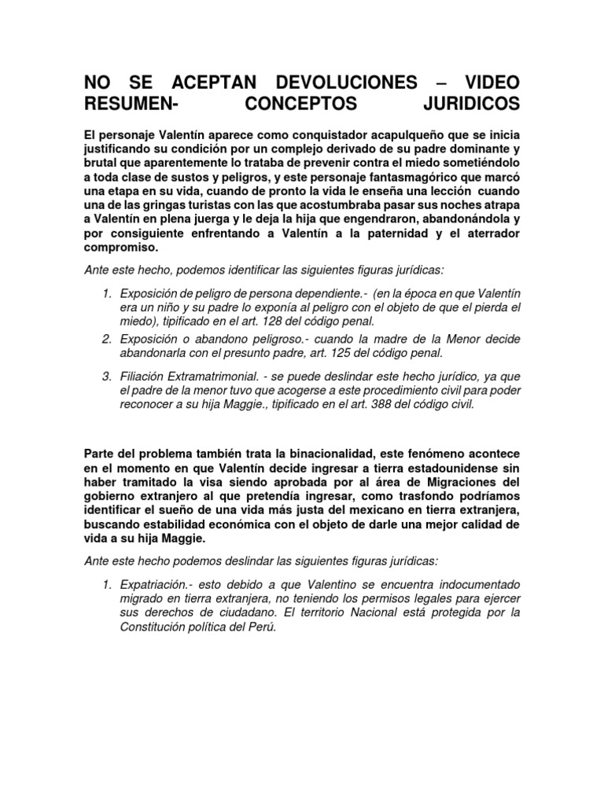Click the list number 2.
[x=106, y=338]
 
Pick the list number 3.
[x=106, y=377]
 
